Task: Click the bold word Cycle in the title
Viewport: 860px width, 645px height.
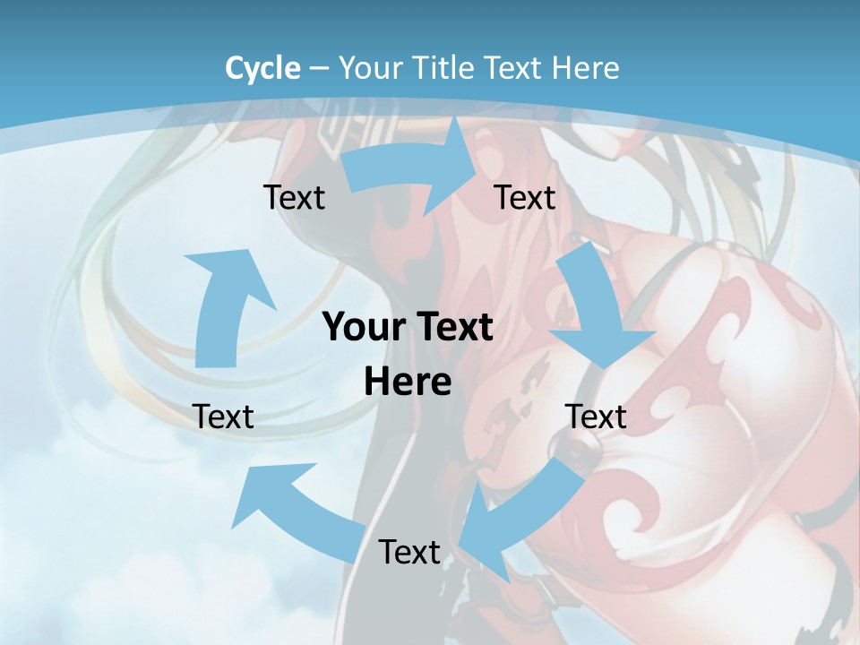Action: (x=262, y=68)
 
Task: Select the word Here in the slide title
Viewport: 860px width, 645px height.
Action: (x=585, y=68)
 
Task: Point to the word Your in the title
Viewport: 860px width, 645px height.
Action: (x=370, y=68)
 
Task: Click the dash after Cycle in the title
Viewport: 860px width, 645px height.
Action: (x=318, y=68)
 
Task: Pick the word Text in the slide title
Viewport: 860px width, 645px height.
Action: (x=515, y=68)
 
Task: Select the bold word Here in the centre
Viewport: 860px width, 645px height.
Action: (x=408, y=383)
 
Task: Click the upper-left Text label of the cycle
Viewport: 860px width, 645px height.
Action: (x=294, y=197)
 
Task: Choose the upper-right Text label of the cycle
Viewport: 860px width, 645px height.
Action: (x=525, y=197)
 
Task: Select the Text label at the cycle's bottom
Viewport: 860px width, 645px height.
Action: (x=409, y=552)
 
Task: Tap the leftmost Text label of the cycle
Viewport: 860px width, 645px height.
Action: (x=223, y=417)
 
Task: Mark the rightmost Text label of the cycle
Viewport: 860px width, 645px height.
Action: (x=596, y=417)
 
